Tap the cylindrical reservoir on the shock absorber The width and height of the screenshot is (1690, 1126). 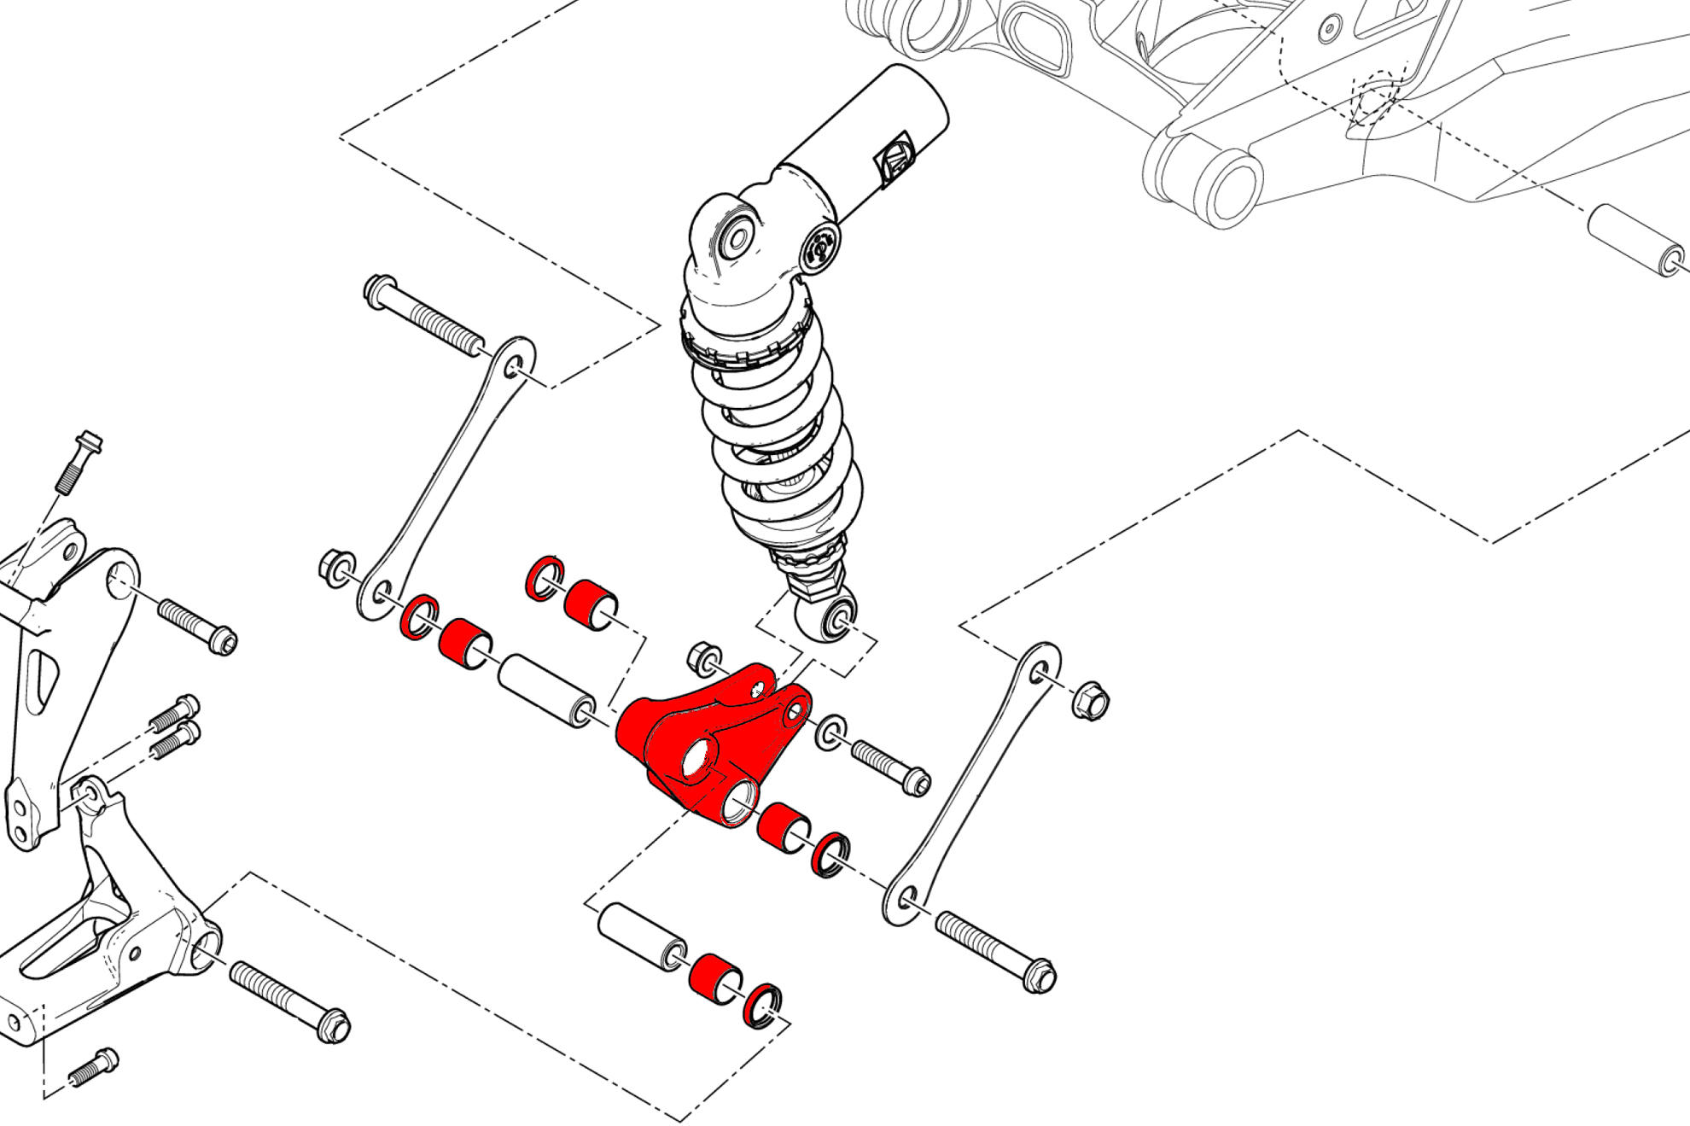[871, 137]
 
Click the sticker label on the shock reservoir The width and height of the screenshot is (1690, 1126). [895, 157]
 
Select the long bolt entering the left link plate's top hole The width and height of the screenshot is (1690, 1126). [422, 315]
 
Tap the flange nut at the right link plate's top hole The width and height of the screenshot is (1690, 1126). [1090, 701]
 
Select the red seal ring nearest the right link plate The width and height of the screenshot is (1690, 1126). [830, 855]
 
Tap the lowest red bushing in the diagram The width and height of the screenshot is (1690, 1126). [714, 978]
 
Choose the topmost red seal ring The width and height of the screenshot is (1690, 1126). [544, 578]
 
